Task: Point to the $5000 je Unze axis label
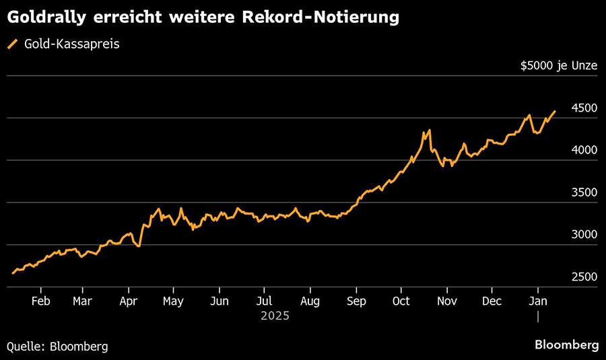point(559,66)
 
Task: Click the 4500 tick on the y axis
point(584,108)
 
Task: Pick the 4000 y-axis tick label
point(584,151)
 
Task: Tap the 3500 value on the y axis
point(584,193)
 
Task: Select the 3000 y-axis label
point(584,235)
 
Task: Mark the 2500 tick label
point(584,277)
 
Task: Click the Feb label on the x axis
point(41,301)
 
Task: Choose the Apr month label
point(128,301)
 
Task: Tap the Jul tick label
point(265,301)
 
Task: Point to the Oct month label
point(401,301)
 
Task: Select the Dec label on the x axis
point(492,301)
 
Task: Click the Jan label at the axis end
point(537,301)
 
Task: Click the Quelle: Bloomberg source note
point(57,346)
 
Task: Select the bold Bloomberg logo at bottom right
point(566,345)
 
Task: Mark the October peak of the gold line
point(429,130)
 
